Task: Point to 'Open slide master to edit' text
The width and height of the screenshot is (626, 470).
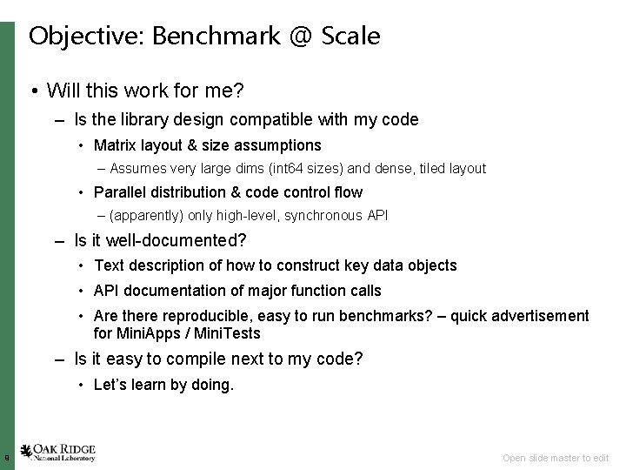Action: (x=556, y=458)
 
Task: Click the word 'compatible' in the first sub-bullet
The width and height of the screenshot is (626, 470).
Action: (x=269, y=119)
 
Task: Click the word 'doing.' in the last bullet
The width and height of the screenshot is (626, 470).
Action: (x=214, y=384)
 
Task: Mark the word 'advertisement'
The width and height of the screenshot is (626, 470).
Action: (x=540, y=316)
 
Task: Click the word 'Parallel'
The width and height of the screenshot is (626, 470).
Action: (x=120, y=191)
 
